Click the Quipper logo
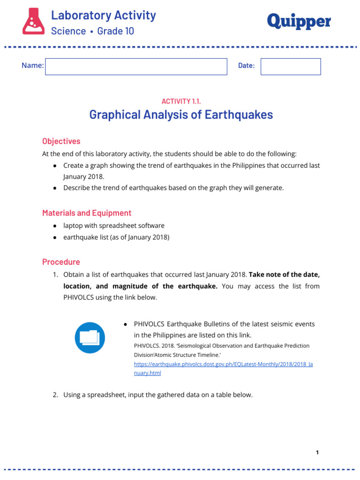299,21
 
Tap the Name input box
136,67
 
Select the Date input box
291,67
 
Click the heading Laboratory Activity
103,15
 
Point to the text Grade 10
115,31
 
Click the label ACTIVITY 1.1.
181,101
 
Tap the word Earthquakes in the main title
238,115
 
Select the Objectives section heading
61,141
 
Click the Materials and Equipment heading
87,213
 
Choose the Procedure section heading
61,262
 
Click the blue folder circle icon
90,338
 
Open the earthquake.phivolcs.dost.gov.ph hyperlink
223,364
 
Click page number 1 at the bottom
317,452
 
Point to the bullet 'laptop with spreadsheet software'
114,225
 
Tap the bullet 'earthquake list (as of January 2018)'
116,237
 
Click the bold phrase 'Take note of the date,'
285,274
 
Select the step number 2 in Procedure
55,395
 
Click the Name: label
32,66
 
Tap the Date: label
246,66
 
